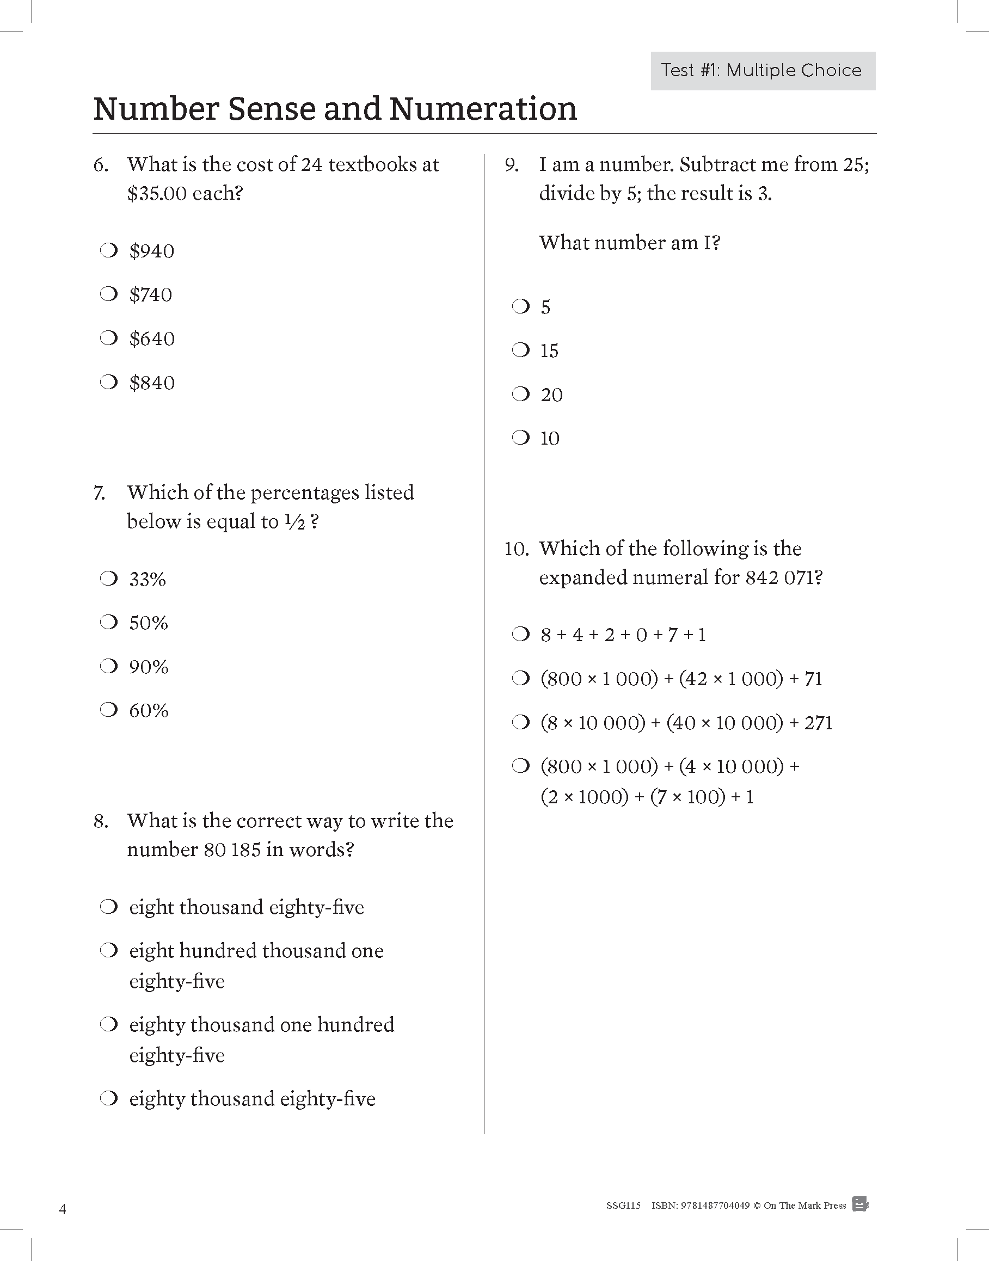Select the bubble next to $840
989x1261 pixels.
109,382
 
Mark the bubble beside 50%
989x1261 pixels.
109,623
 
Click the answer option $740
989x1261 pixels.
151,294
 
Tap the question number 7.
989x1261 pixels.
99,493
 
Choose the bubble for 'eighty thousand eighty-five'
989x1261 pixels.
109,1098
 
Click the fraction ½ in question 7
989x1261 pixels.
294,522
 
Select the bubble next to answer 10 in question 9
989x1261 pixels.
521,438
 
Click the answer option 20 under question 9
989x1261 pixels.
551,395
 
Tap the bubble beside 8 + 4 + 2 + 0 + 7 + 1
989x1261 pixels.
521,635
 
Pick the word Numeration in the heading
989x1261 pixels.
483,109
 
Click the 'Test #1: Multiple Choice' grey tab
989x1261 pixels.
763,71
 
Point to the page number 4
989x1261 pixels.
63,1209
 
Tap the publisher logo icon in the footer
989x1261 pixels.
860,1204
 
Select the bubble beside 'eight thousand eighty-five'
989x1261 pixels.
109,907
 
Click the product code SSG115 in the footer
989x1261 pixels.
623,1205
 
